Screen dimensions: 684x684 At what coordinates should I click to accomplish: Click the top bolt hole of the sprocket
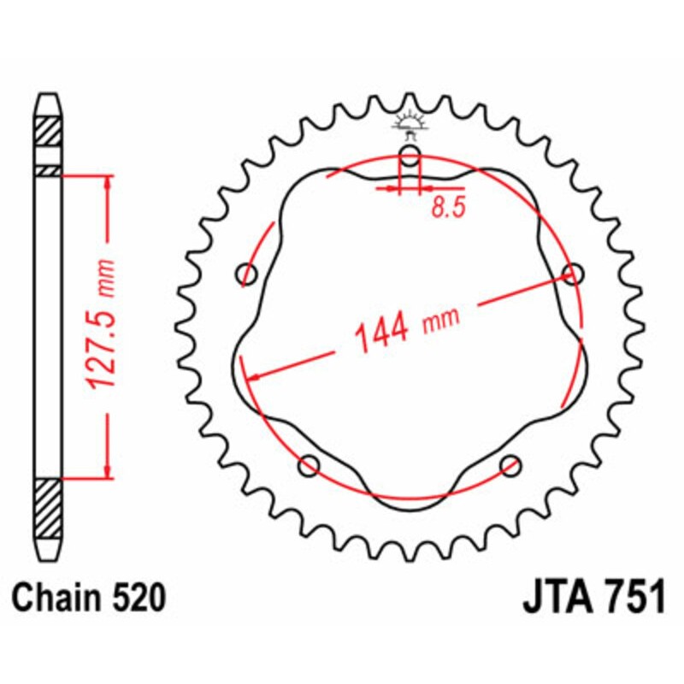(411, 156)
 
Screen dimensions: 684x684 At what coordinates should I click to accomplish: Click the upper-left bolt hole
(248, 274)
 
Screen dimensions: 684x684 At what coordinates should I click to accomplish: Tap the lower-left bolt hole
(309, 466)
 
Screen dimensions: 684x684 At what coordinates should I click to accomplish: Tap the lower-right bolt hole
(511, 466)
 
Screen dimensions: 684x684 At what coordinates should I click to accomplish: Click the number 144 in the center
(382, 333)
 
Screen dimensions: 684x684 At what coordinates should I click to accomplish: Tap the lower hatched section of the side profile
(49, 509)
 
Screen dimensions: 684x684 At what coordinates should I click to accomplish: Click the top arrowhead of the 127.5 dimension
(108, 183)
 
